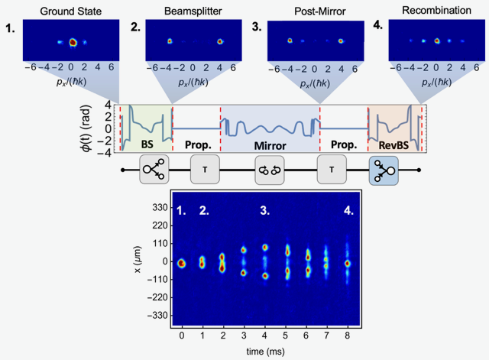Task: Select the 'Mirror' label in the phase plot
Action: coord(270,143)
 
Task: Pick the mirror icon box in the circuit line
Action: coord(269,169)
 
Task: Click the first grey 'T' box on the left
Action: coord(204,169)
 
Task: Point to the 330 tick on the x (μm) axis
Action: coord(157,207)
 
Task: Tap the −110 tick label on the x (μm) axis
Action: coord(154,279)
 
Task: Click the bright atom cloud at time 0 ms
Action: coord(182,263)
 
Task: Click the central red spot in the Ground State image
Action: coord(73,43)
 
